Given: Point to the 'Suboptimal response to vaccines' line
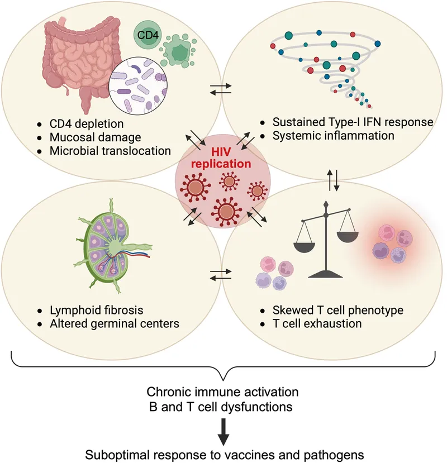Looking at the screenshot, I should [223, 453].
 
